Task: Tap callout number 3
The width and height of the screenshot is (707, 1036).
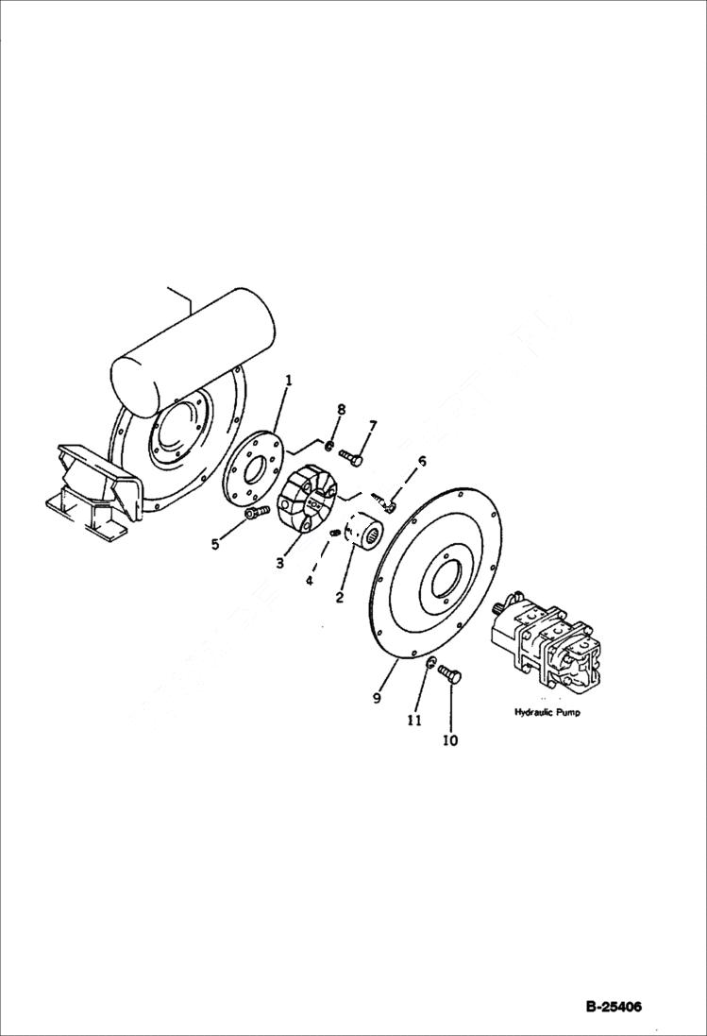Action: click(x=280, y=563)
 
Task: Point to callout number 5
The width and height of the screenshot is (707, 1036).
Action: click(x=215, y=544)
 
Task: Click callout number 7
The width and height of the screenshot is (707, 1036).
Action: click(x=372, y=427)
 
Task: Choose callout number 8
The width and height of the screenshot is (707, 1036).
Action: click(x=341, y=409)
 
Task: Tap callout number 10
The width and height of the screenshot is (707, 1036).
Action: click(x=449, y=740)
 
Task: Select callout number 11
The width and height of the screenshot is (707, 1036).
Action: click(x=413, y=720)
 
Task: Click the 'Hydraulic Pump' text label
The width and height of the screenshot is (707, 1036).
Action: click(x=547, y=712)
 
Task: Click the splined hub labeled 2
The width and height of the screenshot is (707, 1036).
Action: click(x=362, y=532)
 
